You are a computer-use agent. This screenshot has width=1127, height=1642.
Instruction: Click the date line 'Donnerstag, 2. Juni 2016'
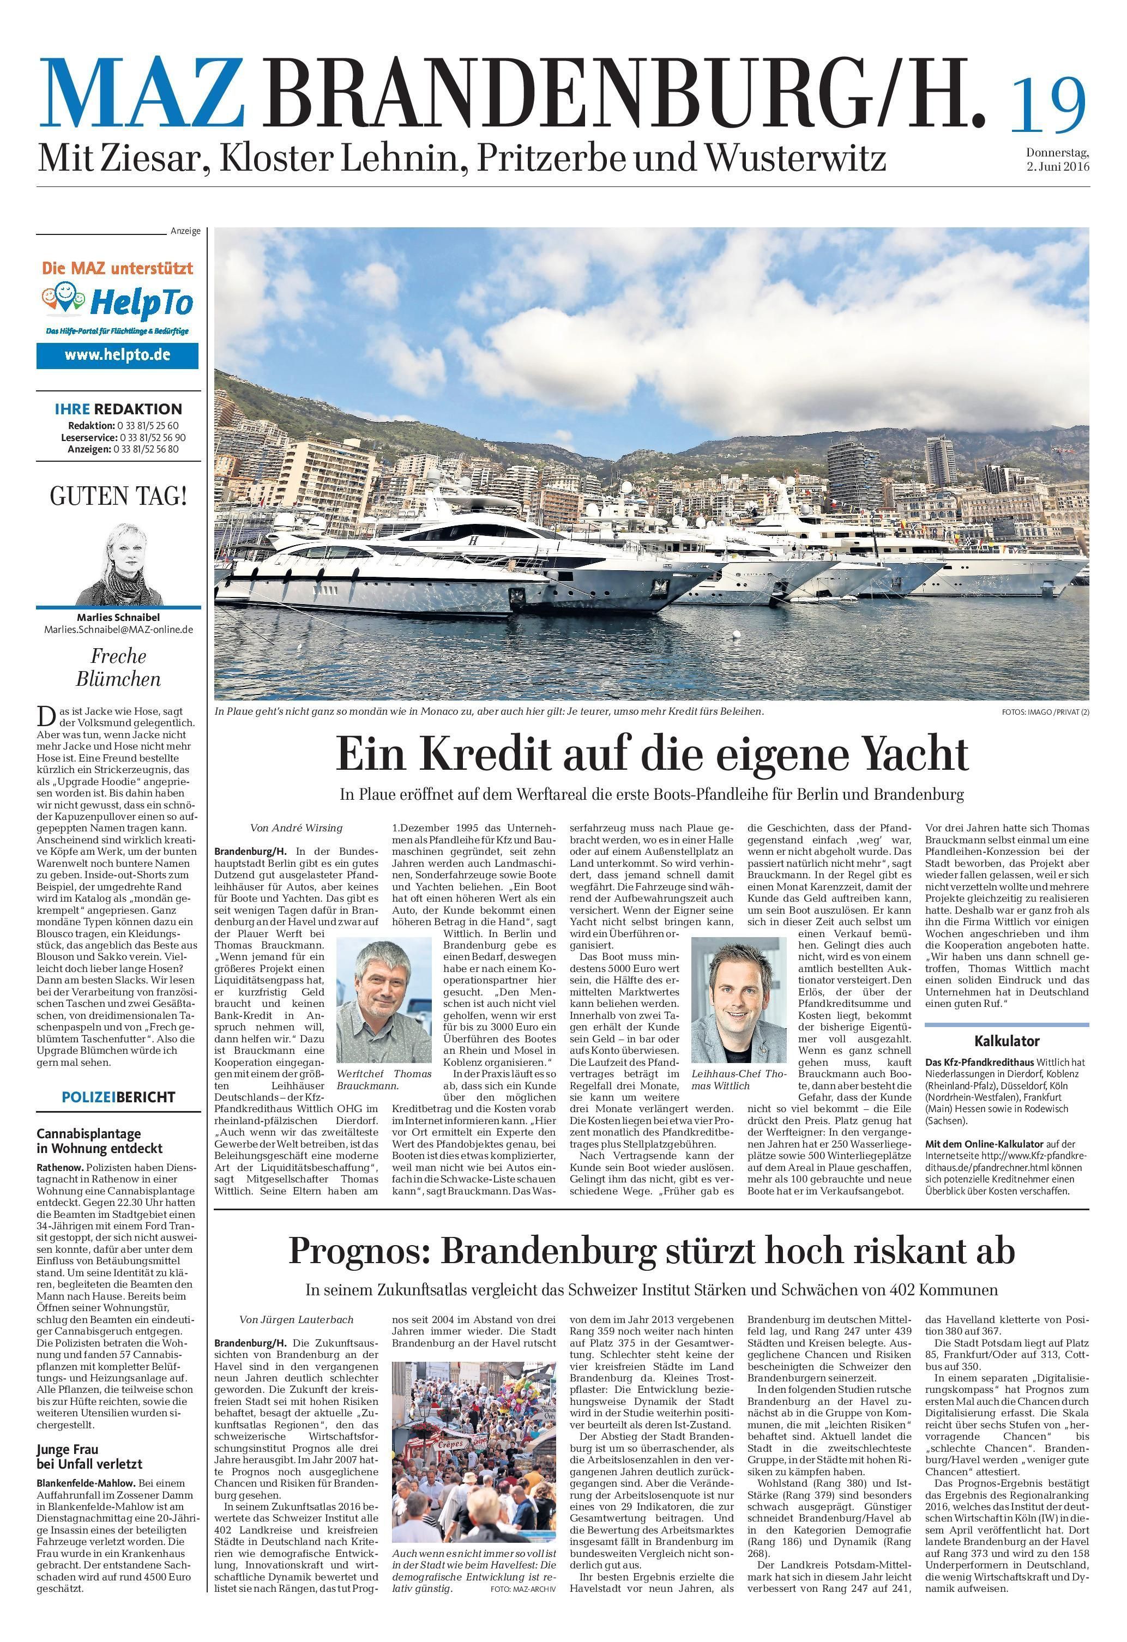pyautogui.click(x=1057, y=160)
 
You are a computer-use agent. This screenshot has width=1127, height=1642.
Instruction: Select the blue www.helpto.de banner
pyautogui.click(x=117, y=355)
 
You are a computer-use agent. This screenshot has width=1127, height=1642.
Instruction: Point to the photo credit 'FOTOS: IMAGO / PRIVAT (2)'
pyautogui.click(x=1044, y=712)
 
